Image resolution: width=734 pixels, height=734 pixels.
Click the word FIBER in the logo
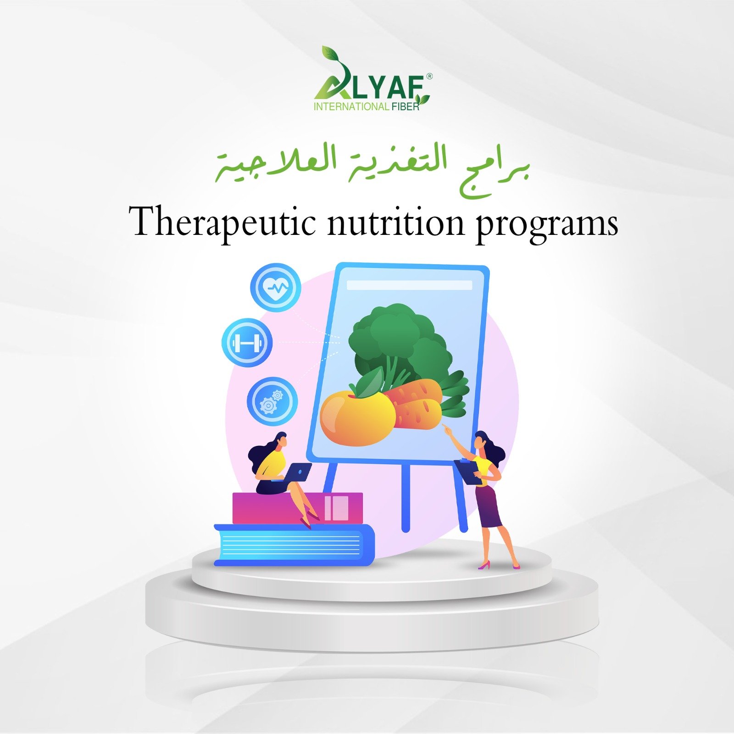[406, 107]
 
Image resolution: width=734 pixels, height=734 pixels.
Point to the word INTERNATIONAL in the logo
[351, 107]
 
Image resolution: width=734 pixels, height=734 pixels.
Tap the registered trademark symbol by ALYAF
[429, 77]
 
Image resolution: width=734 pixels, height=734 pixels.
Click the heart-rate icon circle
[276, 288]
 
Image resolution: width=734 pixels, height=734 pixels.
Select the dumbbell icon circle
[247, 343]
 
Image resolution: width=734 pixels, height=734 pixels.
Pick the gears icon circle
[272, 401]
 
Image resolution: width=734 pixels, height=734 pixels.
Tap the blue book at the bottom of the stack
[294, 545]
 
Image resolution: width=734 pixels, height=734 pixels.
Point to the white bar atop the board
[409, 285]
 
